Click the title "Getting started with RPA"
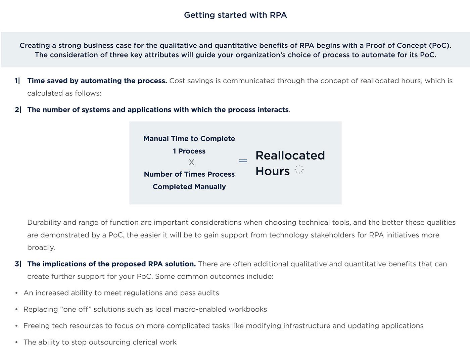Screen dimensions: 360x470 click(x=235, y=15)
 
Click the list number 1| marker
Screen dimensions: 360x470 click(x=17, y=81)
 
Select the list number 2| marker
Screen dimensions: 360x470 click(x=18, y=110)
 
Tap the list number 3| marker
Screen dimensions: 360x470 click(x=18, y=264)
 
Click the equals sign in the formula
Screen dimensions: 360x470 click(x=243, y=161)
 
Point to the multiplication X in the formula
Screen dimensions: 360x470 click(x=191, y=163)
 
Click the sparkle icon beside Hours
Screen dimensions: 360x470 click(x=299, y=170)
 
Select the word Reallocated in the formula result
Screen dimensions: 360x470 click(x=290, y=155)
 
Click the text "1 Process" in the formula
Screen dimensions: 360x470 click(x=189, y=151)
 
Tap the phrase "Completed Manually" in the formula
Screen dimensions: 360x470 click(x=189, y=187)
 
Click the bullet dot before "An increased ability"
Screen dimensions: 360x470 click(x=16, y=293)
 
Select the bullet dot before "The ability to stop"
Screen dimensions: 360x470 click(x=16, y=343)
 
